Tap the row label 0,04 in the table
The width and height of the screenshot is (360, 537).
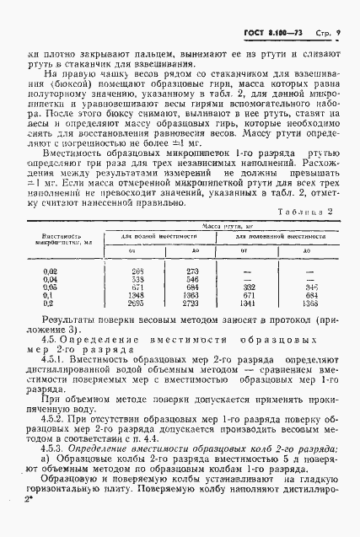point(49,277)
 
